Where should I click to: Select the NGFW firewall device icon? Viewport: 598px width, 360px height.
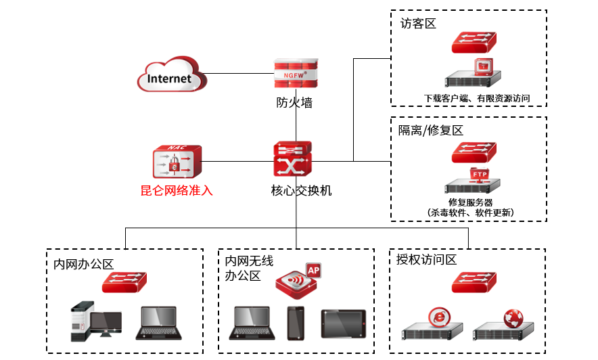click(296, 73)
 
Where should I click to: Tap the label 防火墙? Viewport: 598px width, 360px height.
click(295, 104)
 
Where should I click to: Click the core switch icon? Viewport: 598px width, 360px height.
click(293, 158)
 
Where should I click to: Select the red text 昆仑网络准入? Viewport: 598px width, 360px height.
click(177, 191)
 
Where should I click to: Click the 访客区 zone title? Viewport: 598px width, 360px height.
click(417, 24)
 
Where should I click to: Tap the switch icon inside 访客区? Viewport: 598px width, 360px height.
click(474, 42)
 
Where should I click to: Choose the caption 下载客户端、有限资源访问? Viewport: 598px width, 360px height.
click(476, 98)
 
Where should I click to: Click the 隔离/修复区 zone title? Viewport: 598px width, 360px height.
click(431, 130)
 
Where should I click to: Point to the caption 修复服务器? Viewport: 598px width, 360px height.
click(470, 202)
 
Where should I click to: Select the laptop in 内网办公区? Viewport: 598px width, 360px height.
click(161, 323)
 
